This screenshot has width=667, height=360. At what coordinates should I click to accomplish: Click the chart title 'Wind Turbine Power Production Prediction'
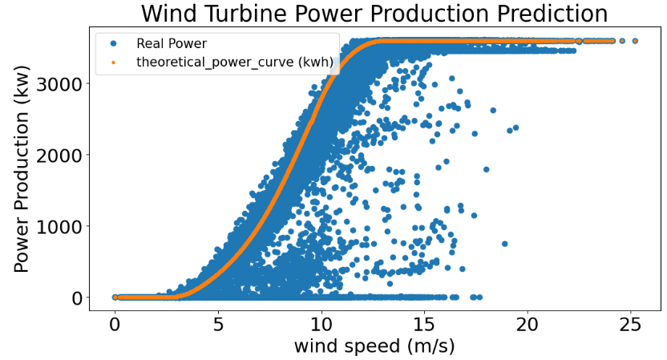374,14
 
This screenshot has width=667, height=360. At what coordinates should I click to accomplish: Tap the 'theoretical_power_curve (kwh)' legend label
224,61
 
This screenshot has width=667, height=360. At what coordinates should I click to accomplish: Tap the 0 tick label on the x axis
115,325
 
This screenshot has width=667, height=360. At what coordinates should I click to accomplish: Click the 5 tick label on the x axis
218,325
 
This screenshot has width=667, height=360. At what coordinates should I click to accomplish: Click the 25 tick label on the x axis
630,325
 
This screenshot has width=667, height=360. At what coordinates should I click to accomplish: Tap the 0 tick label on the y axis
76,297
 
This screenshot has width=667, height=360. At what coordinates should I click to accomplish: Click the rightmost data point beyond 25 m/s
635,40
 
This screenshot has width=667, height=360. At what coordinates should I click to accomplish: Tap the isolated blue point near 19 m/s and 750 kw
504,244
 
